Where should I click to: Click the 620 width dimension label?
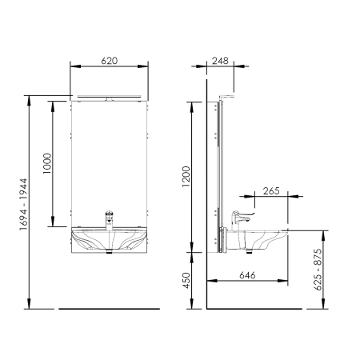tap(109, 61)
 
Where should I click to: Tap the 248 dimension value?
tap(220, 61)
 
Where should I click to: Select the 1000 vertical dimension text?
tap(47, 163)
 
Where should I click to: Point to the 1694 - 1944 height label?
tap(23, 204)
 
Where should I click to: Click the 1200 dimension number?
tap(186, 177)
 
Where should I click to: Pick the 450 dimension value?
tap(186, 280)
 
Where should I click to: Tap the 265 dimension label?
tap(271, 191)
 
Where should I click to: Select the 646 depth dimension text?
tap(247, 275)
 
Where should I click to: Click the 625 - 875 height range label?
tap(318, 270)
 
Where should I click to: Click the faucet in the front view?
tap(110, 221)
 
